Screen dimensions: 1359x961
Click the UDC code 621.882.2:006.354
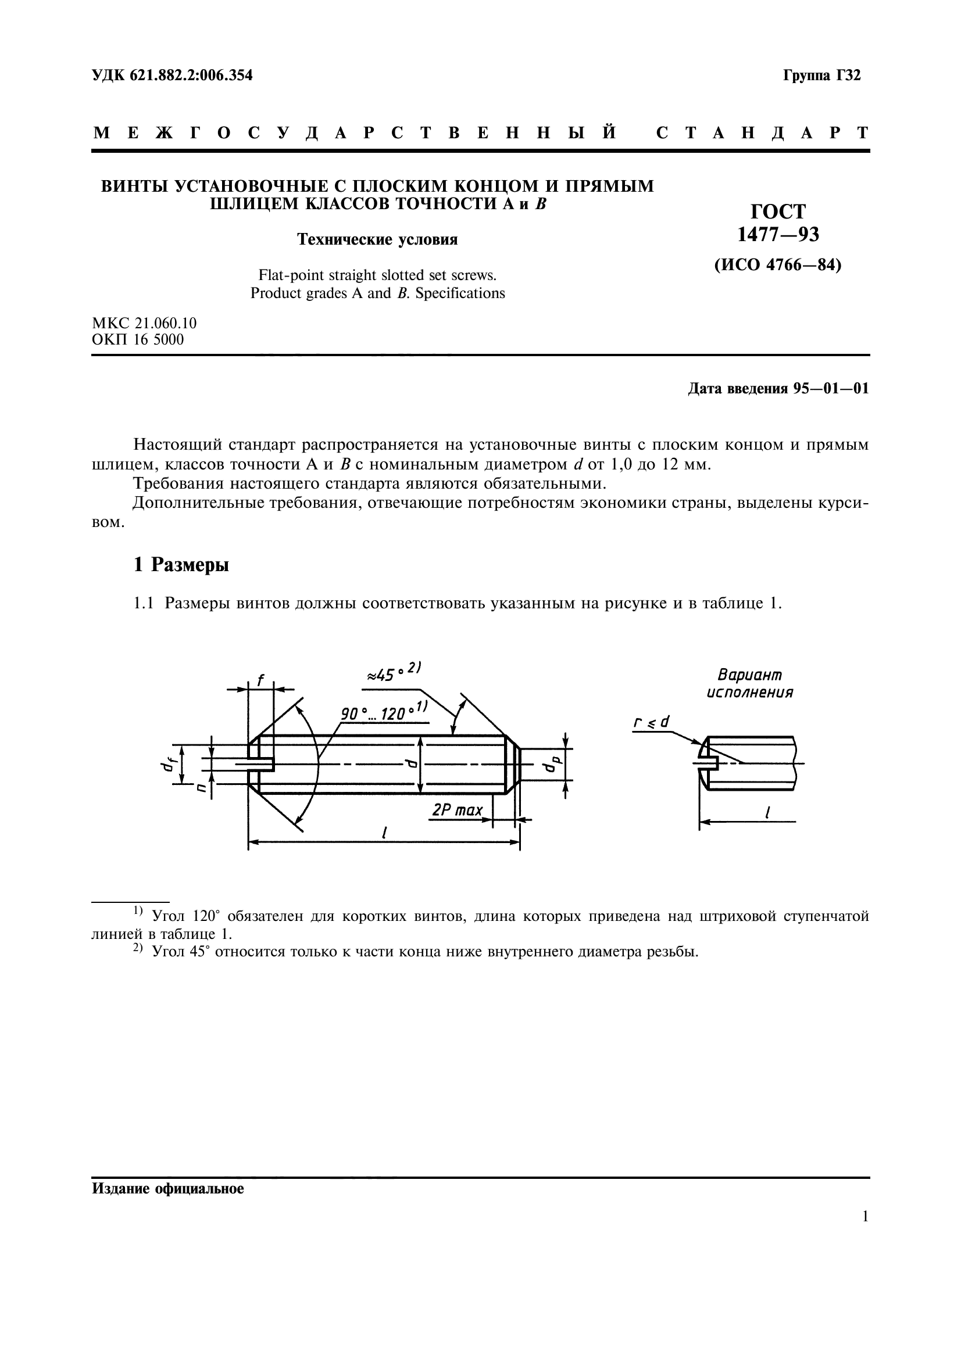172,75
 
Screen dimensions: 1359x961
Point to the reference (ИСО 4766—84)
777,264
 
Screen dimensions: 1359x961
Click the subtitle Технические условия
377,240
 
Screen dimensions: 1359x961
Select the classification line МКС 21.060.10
145,323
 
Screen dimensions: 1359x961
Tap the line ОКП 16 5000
138,340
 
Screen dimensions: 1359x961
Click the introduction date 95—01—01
831,389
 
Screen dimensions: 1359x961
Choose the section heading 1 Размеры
181,565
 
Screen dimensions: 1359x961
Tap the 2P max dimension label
457,810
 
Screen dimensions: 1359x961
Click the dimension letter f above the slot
260,681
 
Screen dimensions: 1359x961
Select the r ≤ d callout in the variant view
651,722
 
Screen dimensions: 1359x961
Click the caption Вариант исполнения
749,684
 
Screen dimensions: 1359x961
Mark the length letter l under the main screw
384,832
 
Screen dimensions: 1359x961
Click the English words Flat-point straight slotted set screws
377,275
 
